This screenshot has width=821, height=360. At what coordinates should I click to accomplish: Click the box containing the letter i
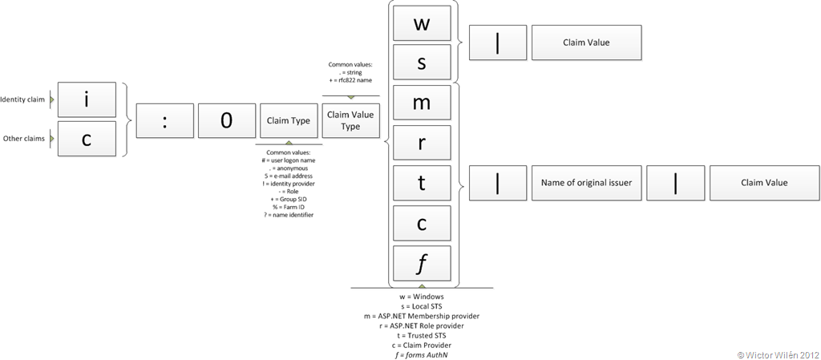click(87, 100)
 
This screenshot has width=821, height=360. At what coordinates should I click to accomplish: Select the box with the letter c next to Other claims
click(87, 139)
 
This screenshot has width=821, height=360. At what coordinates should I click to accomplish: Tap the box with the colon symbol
click(164, 120)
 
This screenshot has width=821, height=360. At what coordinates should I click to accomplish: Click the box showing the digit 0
click(226, 120)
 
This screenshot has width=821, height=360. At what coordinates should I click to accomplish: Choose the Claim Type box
click(289, 120)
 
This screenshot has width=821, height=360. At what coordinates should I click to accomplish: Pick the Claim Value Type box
click(350, 120)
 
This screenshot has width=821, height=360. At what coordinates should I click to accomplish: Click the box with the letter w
click(422, 22)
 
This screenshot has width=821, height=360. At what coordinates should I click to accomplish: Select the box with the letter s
click(422, 62)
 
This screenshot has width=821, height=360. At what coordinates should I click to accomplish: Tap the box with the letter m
click(422, 103)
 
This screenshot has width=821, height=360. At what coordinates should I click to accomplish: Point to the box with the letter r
click(422, 143)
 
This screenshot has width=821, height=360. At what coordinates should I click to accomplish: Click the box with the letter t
click(422, 183)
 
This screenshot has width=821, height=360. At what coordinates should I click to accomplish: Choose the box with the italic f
click(422, 263)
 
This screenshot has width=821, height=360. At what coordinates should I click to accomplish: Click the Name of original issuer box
click(586, 183)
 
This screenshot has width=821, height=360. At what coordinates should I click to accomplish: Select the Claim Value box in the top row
click(586, 42)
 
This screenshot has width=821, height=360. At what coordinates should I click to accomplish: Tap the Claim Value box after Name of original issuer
click(764, 183)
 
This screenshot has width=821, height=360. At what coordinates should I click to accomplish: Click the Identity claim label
click(23, 99)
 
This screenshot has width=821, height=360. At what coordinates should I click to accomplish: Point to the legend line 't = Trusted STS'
click(422, 336)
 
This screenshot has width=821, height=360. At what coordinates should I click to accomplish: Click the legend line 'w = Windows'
click(422, 297)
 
